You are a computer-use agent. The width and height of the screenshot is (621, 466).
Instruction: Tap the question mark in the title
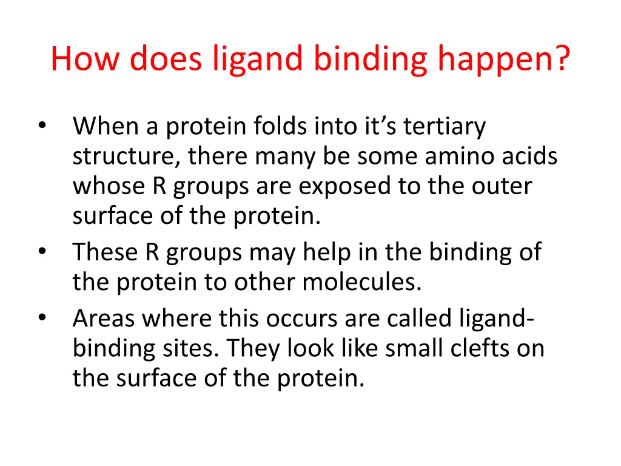(562, 59)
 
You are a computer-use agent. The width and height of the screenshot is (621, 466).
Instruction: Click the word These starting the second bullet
(105, 251)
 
